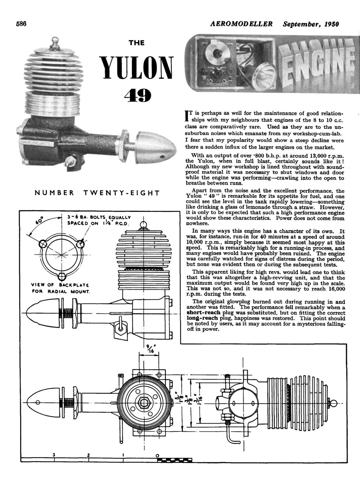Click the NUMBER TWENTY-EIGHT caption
(x=97, y=193)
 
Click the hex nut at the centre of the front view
(x=143, y=401)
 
